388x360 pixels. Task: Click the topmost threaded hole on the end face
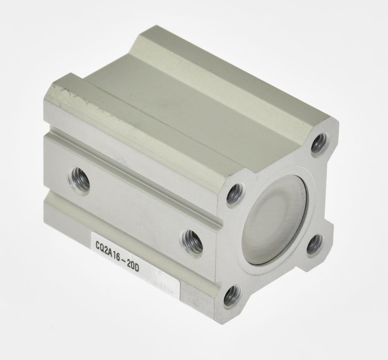[x=320, y=143]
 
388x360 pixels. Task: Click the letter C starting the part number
[x=99, y=246]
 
